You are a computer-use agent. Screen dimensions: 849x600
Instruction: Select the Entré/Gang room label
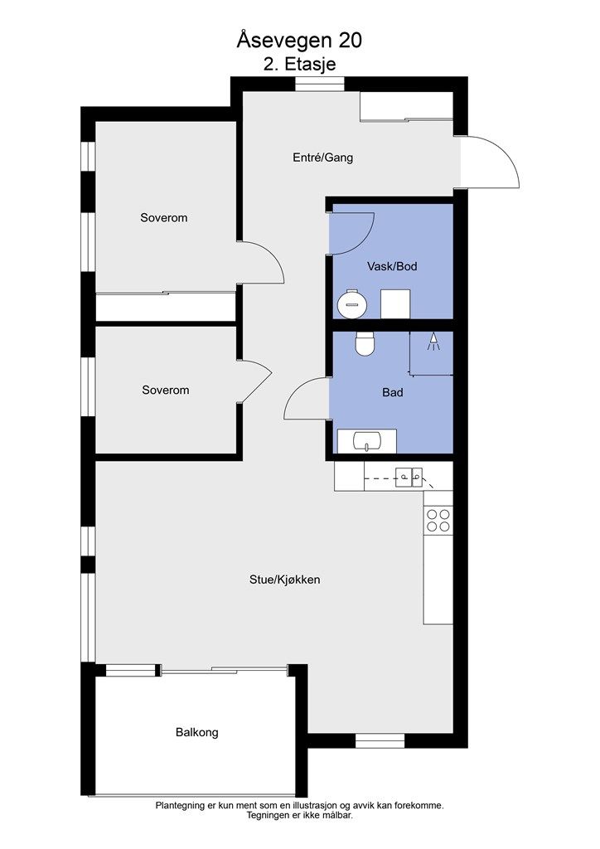click(323, 157)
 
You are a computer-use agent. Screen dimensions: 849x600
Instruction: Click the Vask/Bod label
click(392, 266)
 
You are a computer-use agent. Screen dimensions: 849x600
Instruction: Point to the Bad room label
click(392, 392)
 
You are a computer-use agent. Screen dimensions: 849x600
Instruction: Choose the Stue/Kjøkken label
click(284, 580)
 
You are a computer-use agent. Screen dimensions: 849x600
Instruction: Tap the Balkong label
click(197, 732)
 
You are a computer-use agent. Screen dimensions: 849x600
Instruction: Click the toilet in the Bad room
click(364, 343)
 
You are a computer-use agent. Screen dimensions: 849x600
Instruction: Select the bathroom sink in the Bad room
click(365, 440)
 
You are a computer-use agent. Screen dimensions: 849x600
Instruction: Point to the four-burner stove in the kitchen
click(438, 520)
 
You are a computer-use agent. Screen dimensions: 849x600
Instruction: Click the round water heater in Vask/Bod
click(352, 303)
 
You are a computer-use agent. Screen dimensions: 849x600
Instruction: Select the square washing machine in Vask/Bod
click(395, 303)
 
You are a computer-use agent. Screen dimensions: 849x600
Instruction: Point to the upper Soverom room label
click(163, 218)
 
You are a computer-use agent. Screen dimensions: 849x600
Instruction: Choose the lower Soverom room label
click(165, 390)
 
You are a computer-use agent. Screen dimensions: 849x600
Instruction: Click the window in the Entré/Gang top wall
click(320, 84)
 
